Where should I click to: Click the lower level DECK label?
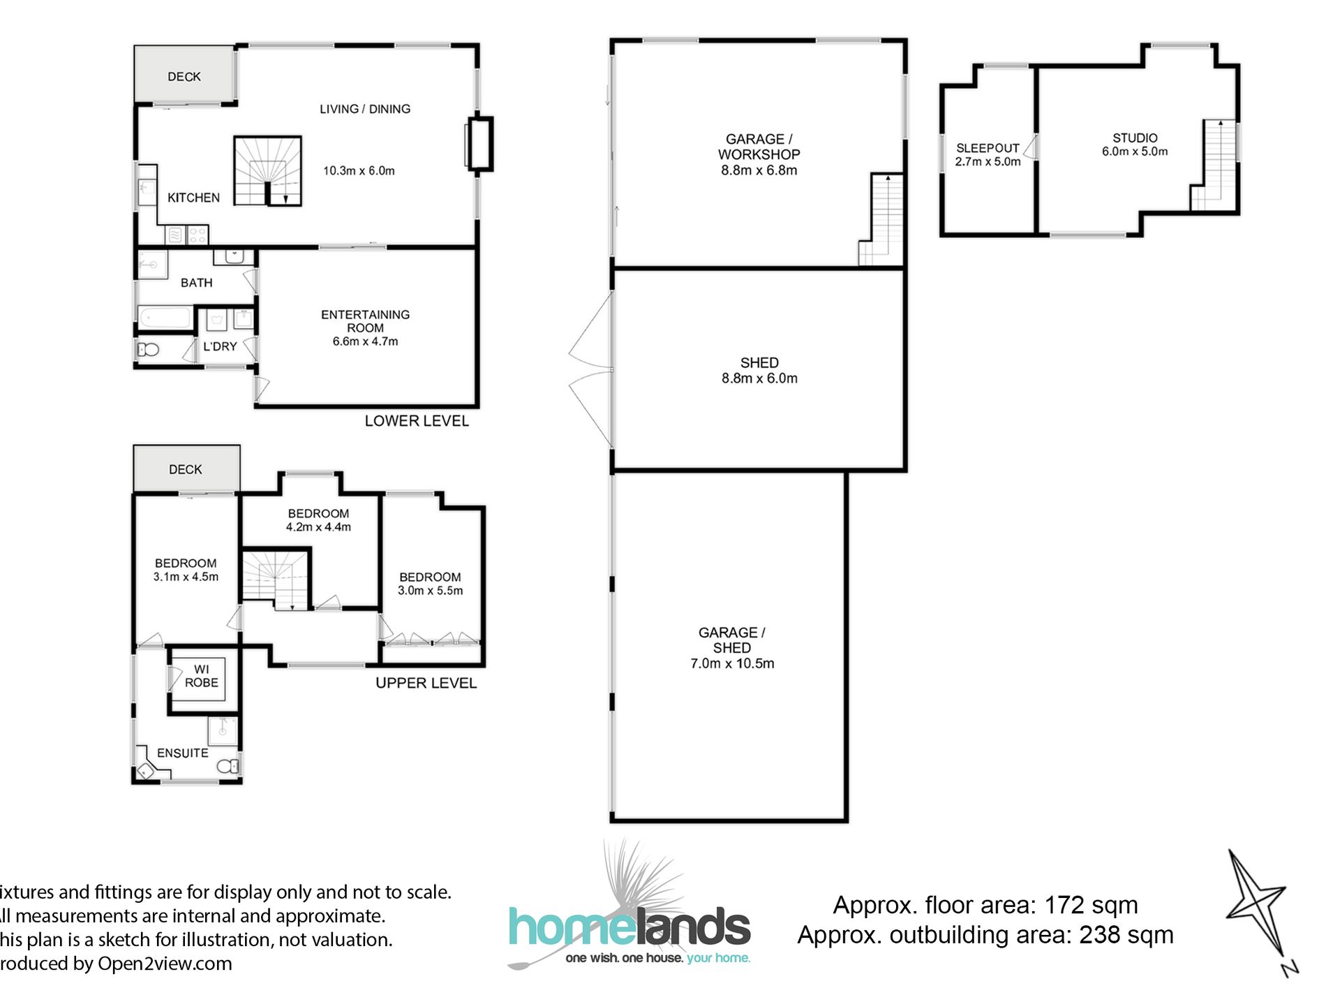(184, 77)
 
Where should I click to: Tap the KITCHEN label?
(193, 198)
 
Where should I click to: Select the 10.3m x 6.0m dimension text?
(359, 171)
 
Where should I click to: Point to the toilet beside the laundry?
(149, 350)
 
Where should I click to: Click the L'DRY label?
(220, 346)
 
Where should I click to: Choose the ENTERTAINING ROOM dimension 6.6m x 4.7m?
(365, 341)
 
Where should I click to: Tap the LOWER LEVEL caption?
(417, 421)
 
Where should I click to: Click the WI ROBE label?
(201, 676)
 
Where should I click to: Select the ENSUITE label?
(182, 753)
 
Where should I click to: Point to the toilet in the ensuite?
(228, 767)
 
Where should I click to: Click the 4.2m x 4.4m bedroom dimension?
(318, 527)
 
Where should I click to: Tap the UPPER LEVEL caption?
(426, 683)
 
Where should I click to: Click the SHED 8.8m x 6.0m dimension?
(759, 378)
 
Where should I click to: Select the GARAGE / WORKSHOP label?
(759, 147)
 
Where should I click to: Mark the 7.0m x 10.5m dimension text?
(732, 663)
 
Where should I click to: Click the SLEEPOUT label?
(988, 148)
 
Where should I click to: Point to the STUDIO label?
(1135, 138)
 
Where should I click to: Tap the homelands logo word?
(629, 928)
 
